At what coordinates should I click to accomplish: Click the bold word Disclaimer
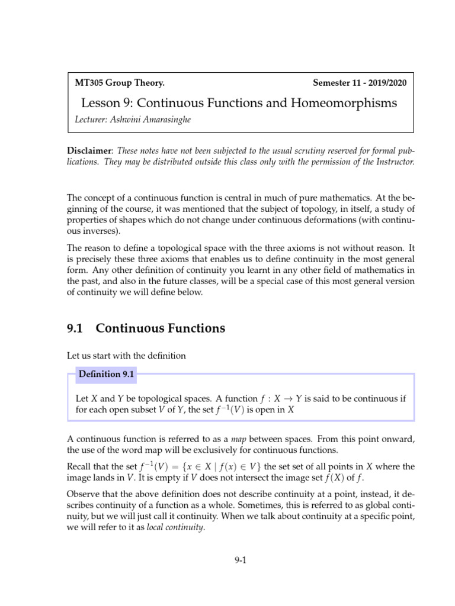[87, 151]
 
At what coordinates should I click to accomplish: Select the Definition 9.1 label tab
[107, 374]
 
